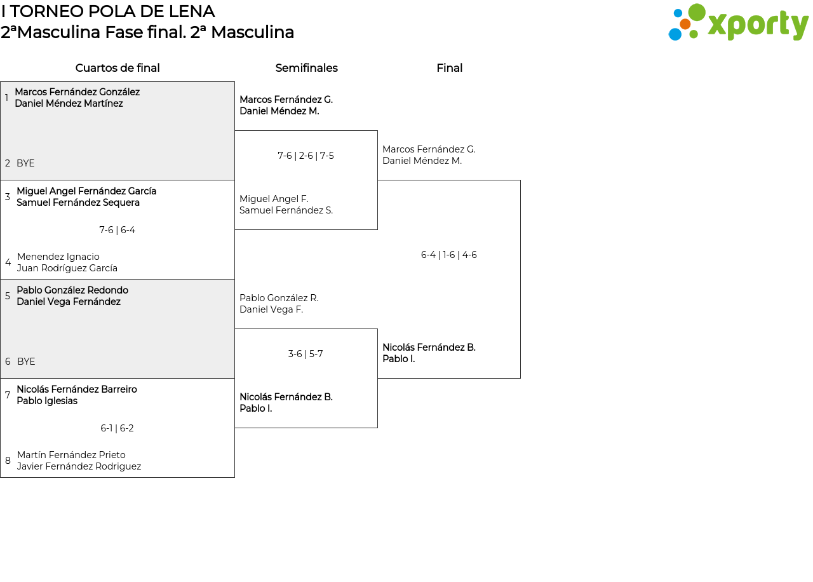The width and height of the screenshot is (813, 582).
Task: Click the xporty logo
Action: [738, 23]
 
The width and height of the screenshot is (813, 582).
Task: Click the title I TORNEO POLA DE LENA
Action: [108, 11]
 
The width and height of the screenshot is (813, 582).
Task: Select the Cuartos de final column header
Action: [118, 68]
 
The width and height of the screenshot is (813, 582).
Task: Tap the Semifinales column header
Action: [306, 68]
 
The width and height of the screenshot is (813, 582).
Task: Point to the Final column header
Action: [449, 68]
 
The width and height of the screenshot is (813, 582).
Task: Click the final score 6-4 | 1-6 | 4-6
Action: [448, 255]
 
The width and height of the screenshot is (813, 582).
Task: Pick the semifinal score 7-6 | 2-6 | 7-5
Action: [306, 156]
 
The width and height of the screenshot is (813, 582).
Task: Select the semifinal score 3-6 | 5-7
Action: [306, 354]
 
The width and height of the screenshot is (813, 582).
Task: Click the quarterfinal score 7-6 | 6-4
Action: [117, 230]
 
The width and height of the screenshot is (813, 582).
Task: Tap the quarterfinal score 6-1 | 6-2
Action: [117, 428]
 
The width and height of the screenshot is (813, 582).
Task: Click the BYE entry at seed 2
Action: [25, 163]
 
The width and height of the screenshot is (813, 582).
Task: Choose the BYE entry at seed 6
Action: [26, 362]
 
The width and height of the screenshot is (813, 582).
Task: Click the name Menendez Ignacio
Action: [58, 257]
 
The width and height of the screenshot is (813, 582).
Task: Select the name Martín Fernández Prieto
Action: [71, 455]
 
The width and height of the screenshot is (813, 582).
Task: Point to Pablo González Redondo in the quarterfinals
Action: [72, 290]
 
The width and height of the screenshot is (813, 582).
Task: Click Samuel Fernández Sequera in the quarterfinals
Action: [78, 203]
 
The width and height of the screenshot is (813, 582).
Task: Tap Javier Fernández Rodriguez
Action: [79, 466]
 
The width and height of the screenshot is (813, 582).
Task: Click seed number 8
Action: [8, 461]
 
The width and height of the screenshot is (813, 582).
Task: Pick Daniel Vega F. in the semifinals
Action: [271, 309]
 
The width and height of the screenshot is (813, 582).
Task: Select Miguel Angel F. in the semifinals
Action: [274, 199]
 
